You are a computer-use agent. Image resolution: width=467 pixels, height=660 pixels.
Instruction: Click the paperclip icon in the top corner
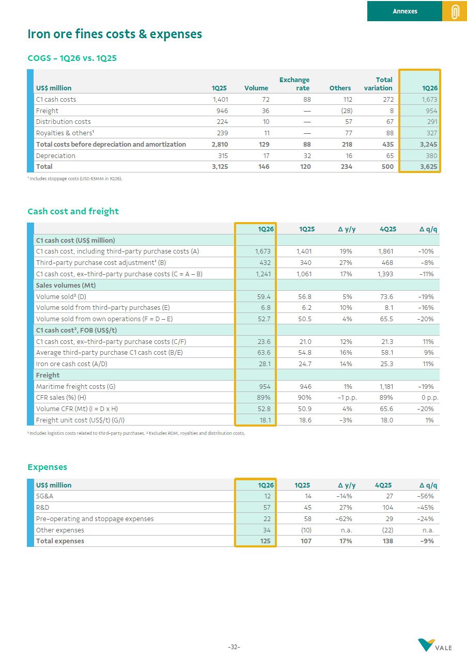coord(455,11)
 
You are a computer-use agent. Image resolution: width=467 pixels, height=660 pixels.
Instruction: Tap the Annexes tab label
coord(404,11)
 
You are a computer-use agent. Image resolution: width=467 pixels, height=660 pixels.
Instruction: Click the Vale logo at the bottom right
coord(435,646)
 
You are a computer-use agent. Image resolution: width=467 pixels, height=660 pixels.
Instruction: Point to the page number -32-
coord(234,647)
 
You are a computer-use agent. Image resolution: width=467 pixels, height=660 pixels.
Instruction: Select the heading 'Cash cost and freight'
coord(73,211)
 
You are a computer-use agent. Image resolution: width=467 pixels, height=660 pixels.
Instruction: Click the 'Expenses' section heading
coord(47,467)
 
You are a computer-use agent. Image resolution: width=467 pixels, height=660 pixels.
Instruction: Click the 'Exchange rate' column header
coord(294,84)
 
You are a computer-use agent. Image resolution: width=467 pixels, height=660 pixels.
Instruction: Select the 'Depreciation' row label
coord(55,155)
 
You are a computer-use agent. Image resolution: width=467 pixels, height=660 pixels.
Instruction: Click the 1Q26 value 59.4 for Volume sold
coord(264,296)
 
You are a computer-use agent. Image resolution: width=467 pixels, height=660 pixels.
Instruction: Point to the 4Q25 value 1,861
coord(385,252)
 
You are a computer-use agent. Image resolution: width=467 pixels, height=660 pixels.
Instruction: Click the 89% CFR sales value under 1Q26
coord(263,398)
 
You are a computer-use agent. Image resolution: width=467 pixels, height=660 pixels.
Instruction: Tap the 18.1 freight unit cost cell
coord(264,420)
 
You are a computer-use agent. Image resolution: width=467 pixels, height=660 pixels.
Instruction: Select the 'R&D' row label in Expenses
coord(42,508)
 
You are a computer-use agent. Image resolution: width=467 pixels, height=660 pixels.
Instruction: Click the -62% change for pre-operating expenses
coord(345,518)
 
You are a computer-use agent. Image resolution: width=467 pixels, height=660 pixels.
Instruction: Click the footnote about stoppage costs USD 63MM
coord(74,179)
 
